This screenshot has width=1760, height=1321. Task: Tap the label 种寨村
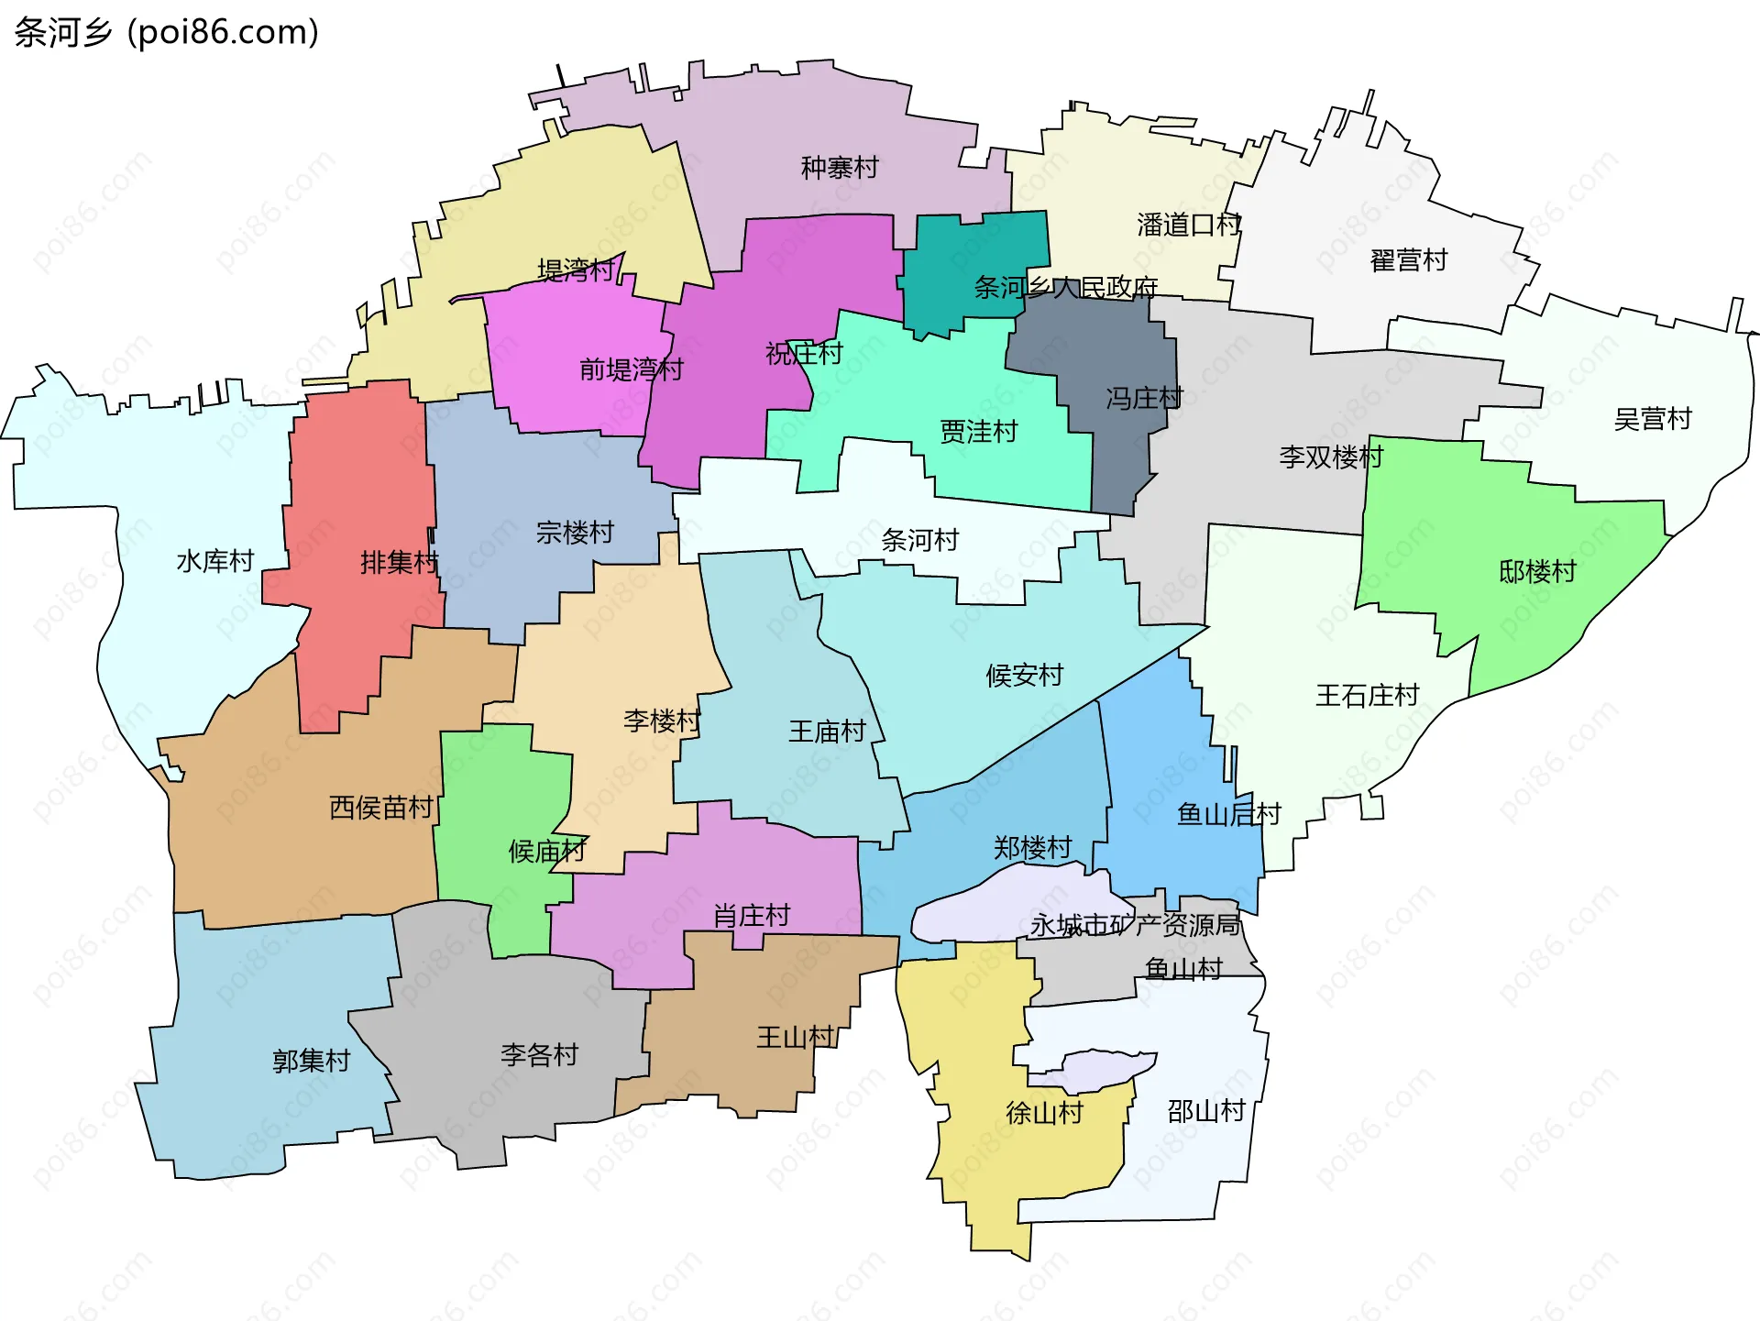coord(839,168)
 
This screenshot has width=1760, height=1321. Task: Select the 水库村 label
coord(214,561)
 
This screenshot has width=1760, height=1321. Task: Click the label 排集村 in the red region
coord(400,562)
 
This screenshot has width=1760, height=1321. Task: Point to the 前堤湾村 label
coord(632,369)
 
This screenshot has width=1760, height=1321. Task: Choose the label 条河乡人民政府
coord(1065,288)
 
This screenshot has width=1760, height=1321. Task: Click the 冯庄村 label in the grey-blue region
coord(1144,398)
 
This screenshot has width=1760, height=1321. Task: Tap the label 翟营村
coord(1408,260)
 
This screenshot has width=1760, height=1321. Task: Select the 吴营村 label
coord(1652,419)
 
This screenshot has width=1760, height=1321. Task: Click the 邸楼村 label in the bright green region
coord(1537,572)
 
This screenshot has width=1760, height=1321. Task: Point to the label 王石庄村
coord(1367,696)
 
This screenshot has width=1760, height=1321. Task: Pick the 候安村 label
coord(1024,676)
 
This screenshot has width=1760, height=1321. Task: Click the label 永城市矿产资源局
coord(1135,925)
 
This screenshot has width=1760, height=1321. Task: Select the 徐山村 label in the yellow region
coord(1044,1113)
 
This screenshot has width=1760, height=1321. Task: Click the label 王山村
coord(795,1038)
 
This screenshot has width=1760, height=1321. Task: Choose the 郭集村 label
coord(312,1061)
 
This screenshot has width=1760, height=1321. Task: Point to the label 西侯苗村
coord(380,808)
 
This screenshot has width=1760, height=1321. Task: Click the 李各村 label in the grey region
coord(539,1055)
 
